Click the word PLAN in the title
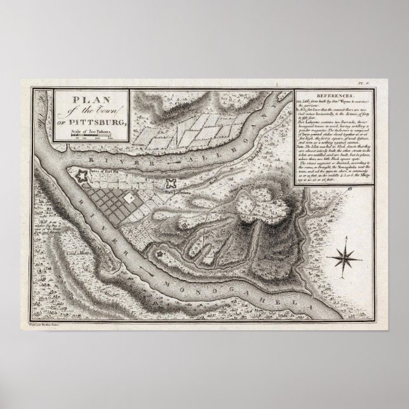[x=84, y=100]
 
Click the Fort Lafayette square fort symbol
[x=170, y=183]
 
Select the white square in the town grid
[x=131, y=198]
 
